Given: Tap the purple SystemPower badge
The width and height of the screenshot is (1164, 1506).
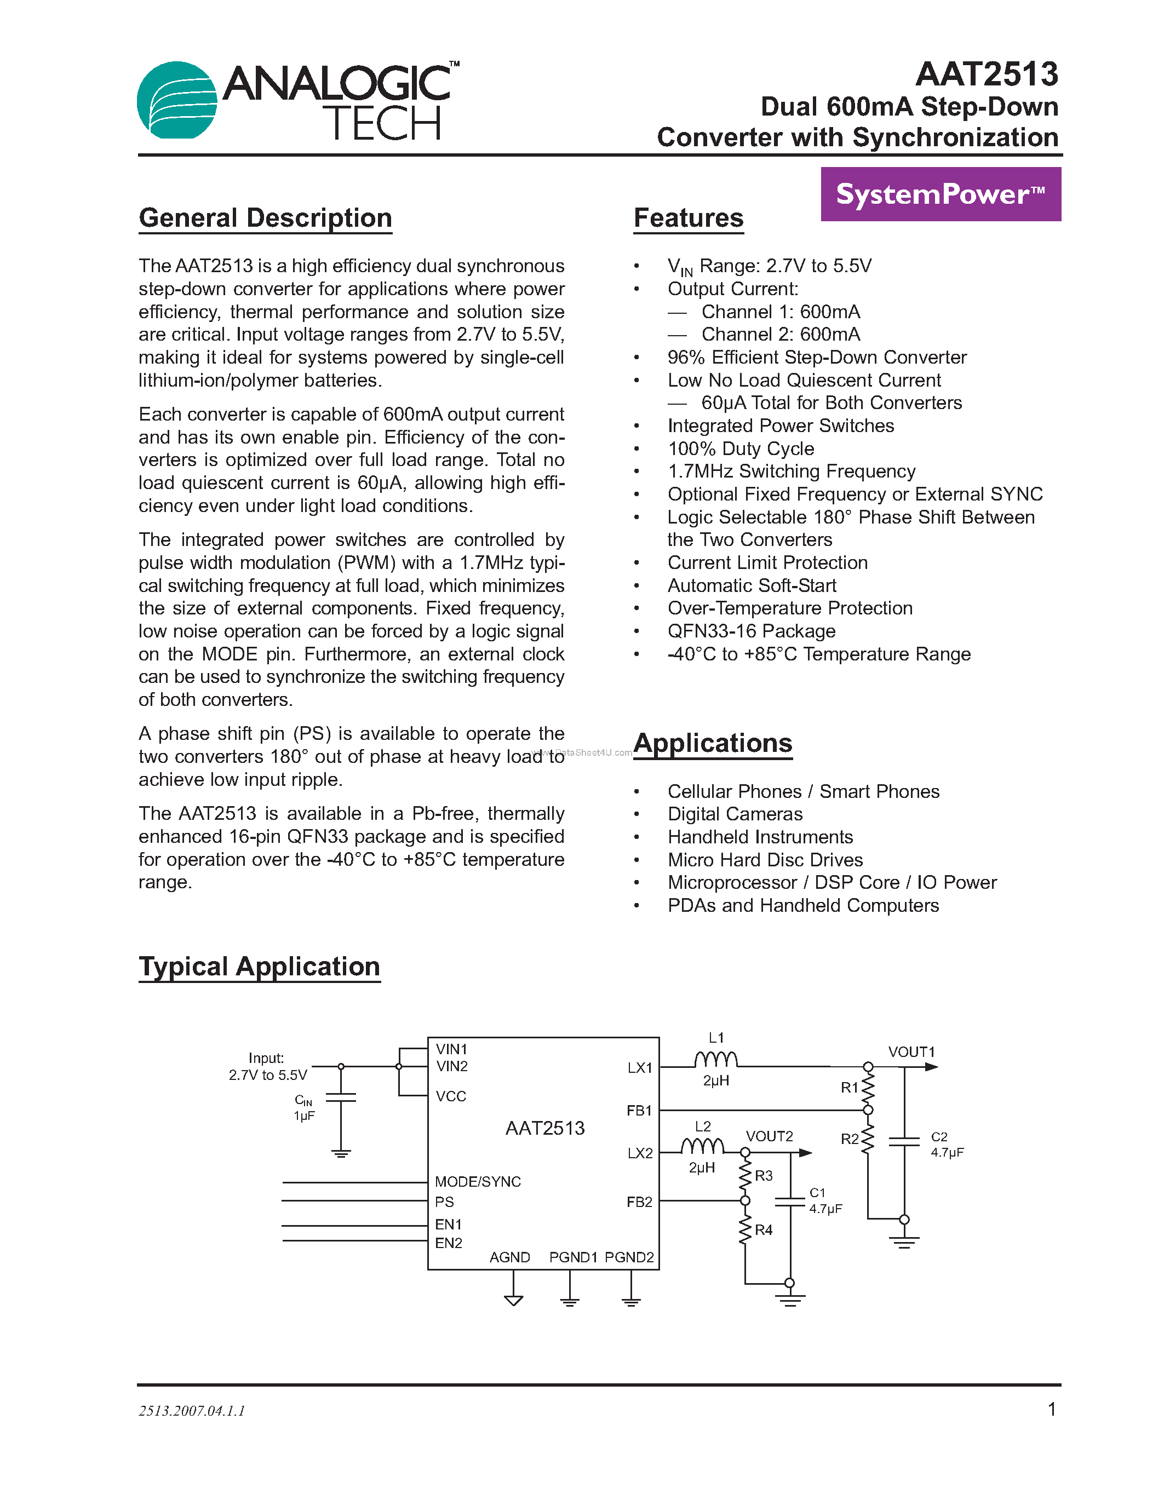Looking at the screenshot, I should (940, 194).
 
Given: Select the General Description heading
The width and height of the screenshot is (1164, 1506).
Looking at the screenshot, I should (266, 218).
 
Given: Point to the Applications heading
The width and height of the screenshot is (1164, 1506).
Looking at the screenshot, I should (713, 743).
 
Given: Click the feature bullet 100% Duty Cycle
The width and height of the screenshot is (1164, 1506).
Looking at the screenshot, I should (741, 449).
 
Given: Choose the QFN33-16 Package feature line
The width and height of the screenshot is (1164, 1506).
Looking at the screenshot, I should (751, 631).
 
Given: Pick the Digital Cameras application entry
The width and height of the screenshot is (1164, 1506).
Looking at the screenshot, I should (735, 814).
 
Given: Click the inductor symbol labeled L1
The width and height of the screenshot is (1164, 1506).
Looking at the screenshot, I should (716, 1060).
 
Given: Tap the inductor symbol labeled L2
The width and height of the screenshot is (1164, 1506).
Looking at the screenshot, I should (702, 1146).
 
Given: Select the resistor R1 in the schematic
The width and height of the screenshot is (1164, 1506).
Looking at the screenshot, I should (868, 1088).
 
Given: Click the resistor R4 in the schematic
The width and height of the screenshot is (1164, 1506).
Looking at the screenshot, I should (746, 1229).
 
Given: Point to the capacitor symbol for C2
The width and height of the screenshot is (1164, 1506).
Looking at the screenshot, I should (904, 1142).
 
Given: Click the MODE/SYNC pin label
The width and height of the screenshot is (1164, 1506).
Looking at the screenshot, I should (478, 1182).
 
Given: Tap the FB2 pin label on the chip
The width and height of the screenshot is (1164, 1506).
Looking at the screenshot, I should (639, 1202).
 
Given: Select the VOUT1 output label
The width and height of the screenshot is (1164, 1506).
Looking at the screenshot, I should (911, 1052).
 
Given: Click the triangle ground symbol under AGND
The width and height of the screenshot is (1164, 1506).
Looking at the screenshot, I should (513, 1301).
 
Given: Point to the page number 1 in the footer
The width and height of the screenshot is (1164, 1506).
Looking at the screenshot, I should (1052, 1410).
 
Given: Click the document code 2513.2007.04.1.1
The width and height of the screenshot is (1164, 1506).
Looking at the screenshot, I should (192, 1411).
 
